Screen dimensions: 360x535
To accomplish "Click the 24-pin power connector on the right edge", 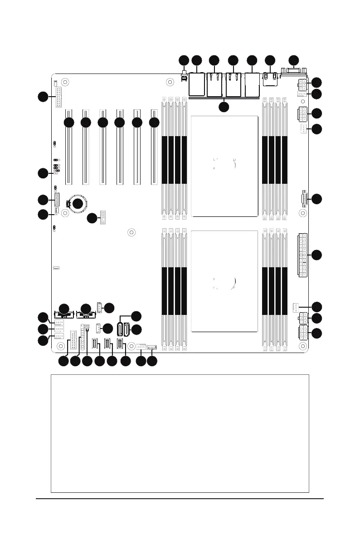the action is pos(302,255).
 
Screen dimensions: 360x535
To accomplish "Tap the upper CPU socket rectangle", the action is pos(224,166).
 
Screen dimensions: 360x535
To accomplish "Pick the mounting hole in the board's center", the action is pos(131,233).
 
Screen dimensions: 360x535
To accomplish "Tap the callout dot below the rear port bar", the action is pos(224,107).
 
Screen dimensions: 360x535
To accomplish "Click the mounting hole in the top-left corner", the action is pos(65,83).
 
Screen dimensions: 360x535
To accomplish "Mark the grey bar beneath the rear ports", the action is pos(224,98).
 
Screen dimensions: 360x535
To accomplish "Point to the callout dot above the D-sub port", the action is pos(294,60).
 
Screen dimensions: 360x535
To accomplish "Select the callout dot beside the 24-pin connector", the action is pos(317,255).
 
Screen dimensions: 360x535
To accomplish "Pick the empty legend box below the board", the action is pos(180,433).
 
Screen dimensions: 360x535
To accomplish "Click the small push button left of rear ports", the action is pos(185,78).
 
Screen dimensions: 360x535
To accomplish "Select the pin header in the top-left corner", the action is pos(58,96).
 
